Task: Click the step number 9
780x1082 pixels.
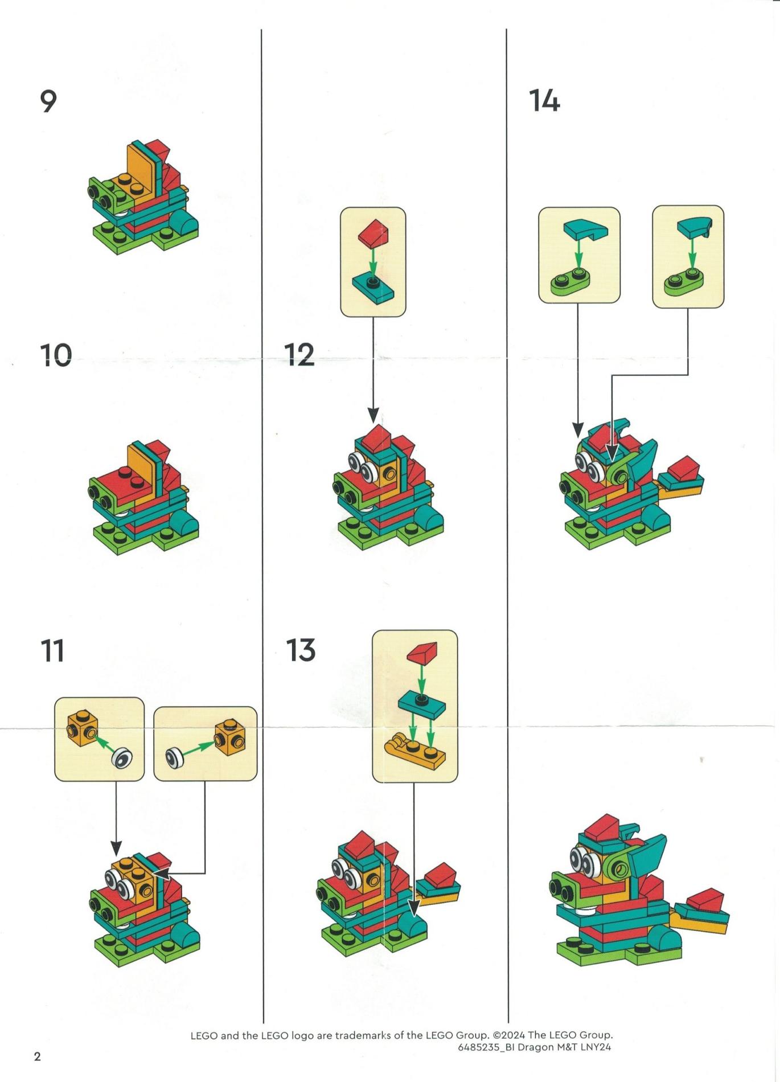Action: (48, 102)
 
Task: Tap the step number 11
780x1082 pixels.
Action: (52, 651)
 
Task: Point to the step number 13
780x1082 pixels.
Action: (301, 651)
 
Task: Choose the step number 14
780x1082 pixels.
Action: (545, 101)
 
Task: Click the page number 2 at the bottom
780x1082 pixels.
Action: (38, 1057)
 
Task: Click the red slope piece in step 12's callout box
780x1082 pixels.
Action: (373, 233)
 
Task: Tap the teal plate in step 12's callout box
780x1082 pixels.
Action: (373, 288)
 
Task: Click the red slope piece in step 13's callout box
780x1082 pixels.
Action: (422, 653)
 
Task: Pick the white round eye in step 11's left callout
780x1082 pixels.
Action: (122, 759)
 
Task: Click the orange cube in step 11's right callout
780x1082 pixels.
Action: (230, 738)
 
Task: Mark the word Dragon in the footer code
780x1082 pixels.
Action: (535, 1047)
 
